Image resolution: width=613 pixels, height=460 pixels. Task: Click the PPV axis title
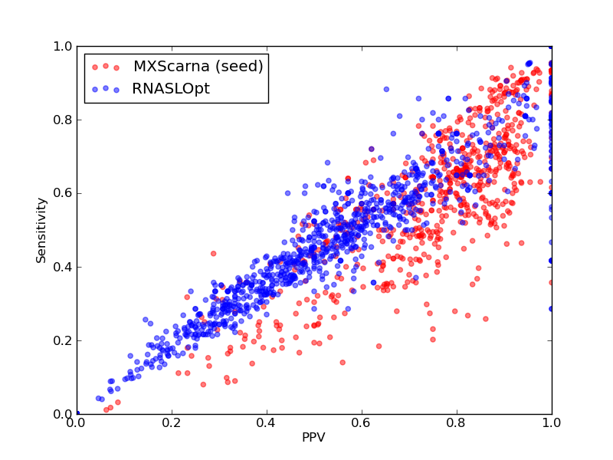coord(313,437)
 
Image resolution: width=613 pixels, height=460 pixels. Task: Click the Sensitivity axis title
coord(41,231)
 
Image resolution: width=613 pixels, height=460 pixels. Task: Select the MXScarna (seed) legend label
coord(198,66)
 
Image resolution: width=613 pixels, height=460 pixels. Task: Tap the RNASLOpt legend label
coord(171,89)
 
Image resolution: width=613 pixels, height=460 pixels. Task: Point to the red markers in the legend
coord(106,67)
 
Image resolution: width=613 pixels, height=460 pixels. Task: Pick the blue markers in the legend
coord(106,89)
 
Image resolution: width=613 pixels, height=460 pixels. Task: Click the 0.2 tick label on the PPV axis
coord(172,423)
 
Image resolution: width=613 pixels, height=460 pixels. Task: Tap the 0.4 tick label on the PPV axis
coord(267,423)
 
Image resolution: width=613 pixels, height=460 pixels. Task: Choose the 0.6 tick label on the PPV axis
coord(362,423)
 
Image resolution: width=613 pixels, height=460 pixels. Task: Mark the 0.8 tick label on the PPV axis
coord(457,423)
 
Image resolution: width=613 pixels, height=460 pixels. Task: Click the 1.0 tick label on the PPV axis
coord(552,423)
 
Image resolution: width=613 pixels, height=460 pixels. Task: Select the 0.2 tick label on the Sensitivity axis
coord(63,340)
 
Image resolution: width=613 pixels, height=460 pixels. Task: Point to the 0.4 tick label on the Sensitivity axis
coord(63,267)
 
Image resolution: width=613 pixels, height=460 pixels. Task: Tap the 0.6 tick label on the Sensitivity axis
coord(63,194)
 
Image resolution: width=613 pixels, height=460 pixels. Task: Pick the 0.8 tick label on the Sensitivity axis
coord(63,120)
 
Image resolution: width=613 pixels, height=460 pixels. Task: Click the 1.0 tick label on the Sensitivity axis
coord(63,46)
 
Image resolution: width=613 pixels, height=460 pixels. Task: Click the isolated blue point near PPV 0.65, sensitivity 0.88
coord(386,89)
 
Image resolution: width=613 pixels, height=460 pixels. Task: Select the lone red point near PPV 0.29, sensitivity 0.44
coord(214,254)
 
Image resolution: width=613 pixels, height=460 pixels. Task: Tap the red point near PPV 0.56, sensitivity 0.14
coord(343,363)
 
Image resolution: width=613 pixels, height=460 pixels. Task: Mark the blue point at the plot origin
coord(77,413)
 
